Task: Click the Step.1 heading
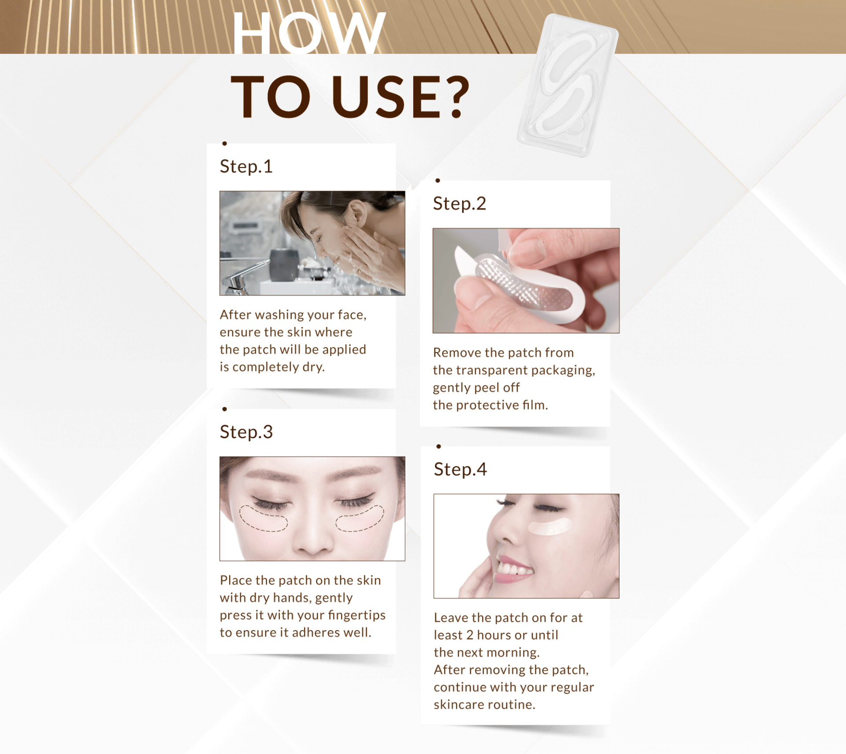pyautogui.click(x=246, y=167)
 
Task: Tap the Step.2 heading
pyautogui.click(x=460, y=204)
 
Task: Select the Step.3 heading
pyautogui.click(x=246, y=432)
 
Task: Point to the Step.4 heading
pyautogui.click(x=460, y=469)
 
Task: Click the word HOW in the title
pyautogui.click(x=309, y=33)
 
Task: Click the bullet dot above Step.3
pyautogui.click(x=225, y=409)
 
